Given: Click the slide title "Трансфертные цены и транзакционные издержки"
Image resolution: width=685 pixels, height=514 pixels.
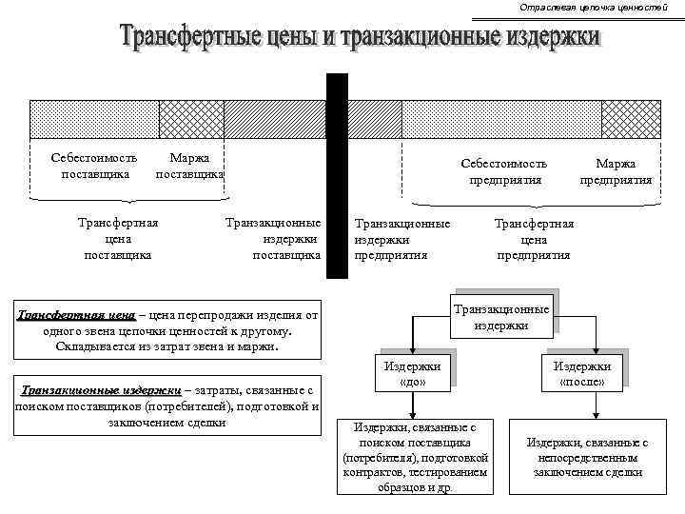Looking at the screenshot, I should tap(361, 38).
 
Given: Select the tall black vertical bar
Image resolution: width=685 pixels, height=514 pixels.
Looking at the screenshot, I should tap(337, 176).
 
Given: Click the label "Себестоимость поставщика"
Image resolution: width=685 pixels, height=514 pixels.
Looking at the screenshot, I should tap(94, 166).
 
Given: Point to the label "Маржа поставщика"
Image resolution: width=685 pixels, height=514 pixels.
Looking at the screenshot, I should tap(189, 166).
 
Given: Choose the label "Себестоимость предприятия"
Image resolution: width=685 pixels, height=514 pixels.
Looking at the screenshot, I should tap(504, 171).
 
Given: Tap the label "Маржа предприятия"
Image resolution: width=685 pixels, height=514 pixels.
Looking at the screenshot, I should tap(616, 171).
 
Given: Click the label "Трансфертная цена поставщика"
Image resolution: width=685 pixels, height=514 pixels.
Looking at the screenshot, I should tap(118, 239).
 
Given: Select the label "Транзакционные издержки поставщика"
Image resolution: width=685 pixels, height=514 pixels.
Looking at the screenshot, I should tap(273, 239).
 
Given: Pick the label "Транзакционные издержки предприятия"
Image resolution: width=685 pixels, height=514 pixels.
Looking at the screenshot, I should tap(401, 239).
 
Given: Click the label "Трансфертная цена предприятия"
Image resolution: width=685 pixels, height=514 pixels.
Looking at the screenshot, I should tap(534, 239).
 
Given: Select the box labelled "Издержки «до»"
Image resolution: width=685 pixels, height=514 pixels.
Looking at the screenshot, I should tap(411, 374).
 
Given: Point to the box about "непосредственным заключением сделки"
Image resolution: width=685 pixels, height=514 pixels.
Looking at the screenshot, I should tap(587, 457).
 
